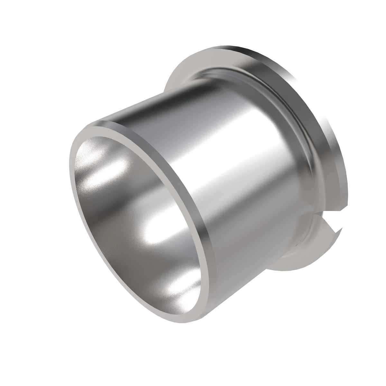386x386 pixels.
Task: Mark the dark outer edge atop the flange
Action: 257,53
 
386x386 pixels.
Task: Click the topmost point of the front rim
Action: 106,124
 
